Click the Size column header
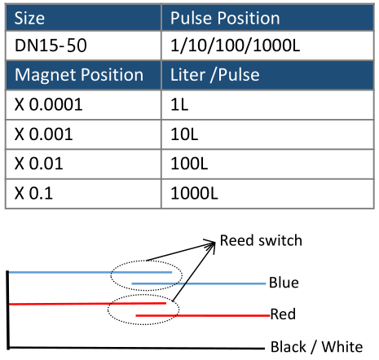tap(83, 18)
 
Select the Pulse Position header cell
tap(267, 18)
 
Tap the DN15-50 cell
tap(83, 46)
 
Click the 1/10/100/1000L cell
tap(267, 46)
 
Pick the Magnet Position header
tap(83, 75)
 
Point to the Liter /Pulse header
tap(267, 75)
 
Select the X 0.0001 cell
tap(83, 104)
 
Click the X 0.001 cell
tap(83, 134)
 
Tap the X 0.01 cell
tap(83, 164)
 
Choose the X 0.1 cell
tap(83, 194)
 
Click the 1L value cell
tap(267, 104)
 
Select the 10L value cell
tap(267, 134)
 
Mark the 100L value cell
tap(267, 164)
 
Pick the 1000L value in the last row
tap(267, 194)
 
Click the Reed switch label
tap(261, 240)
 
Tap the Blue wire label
tap(284, 283)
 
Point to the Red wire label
tap(283, 314)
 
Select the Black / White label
tap(316, 347)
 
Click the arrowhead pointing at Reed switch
tap(213, 244)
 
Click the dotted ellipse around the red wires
tap(143, 324)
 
